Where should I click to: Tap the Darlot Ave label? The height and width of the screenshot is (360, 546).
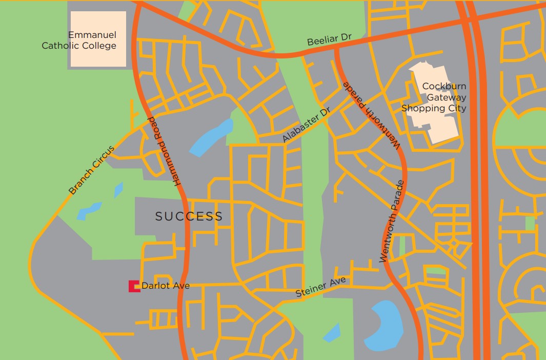[x=165, y=286]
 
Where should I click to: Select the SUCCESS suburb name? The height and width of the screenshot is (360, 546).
[x=189, y=216]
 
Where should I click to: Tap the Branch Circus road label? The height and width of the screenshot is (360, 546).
[x=92, y=170]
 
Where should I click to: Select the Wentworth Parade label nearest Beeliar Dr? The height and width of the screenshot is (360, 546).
[x=371, y=115]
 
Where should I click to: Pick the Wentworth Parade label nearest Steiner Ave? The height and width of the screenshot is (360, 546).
[x=393, y=222]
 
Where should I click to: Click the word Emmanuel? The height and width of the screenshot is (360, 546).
[x=92, y=35]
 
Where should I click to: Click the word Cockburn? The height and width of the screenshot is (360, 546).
[x=444, y=87]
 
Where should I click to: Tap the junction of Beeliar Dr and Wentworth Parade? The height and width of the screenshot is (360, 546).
[x=336, y=47]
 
